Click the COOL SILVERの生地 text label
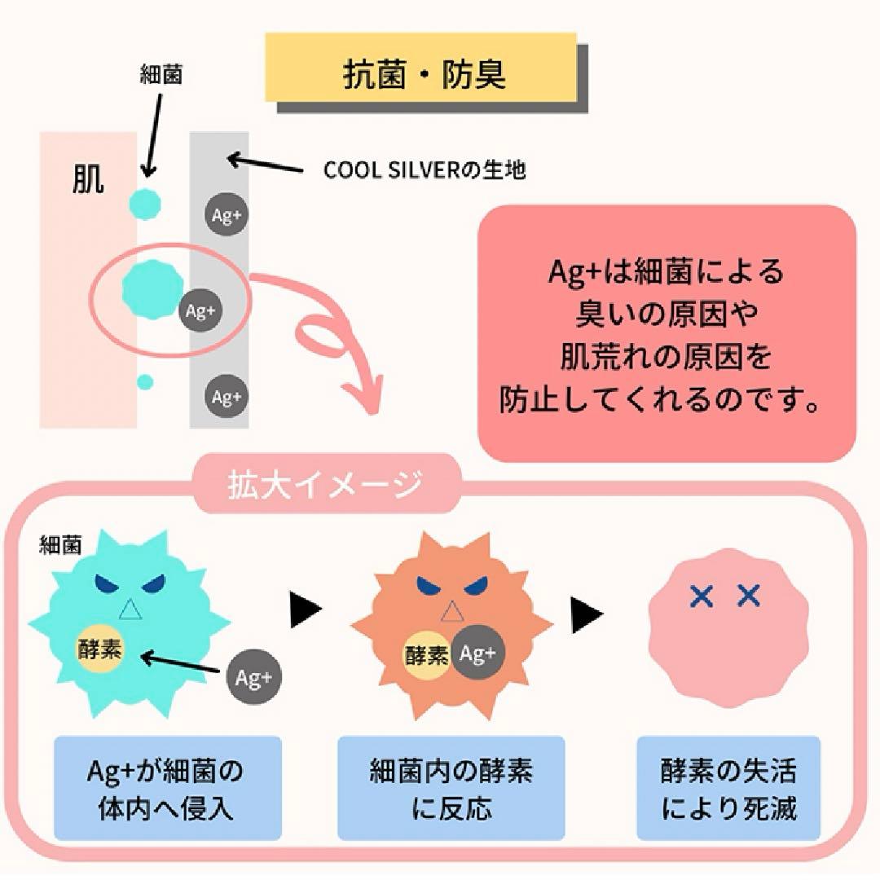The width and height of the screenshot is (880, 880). pyautogui.click(x=425, y=170)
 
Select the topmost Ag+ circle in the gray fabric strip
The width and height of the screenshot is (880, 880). pyautogui.click(x=226, y=215)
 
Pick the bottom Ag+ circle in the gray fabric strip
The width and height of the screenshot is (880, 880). pyautogui.click(x=226, y=397)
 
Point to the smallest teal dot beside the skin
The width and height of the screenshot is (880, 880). pyautogui.click(x=145, y=381)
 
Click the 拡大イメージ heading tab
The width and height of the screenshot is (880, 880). pyautogui.click(x=326, y=484)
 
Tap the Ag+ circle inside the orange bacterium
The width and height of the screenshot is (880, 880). pyautogui.click(x=478, y=654)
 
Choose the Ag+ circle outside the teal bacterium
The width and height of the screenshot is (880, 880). pyautogui.click(x=253, y=678)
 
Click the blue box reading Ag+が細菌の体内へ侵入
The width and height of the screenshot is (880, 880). pyautogui.click(x=167, y=788)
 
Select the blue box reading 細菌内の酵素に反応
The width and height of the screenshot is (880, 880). pyautogui.click(x=451, y=788)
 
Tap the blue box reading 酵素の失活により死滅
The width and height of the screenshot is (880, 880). pyautogui.click(x=728, y=788)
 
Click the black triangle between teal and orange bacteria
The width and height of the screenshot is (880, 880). pyautogui.click(x=306, y=609)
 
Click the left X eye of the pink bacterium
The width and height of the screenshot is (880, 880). pyautogui.click(x=701, y=597)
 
